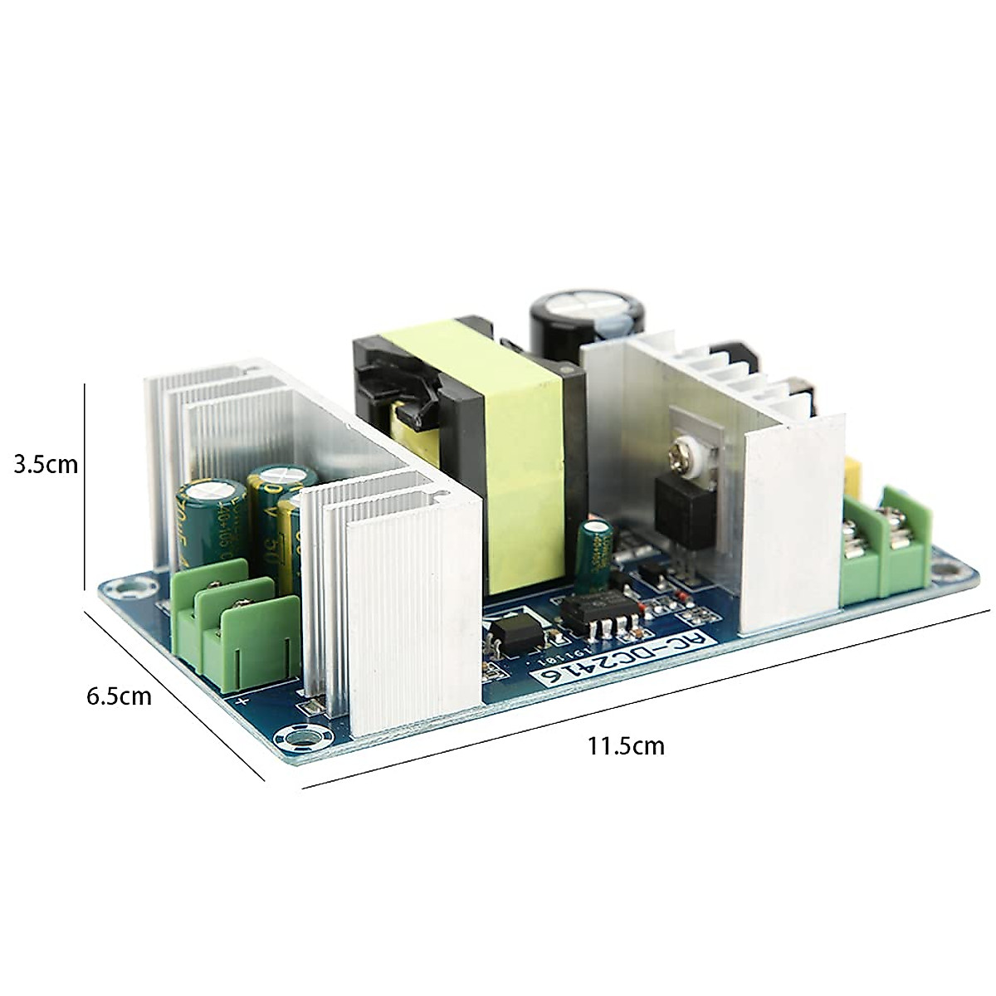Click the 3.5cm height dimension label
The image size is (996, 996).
[x=46, y=464]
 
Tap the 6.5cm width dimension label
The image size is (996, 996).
[x=120, y=696]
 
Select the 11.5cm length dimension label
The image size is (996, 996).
[x=626, y=745]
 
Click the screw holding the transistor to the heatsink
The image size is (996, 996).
[x=683, y=450]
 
